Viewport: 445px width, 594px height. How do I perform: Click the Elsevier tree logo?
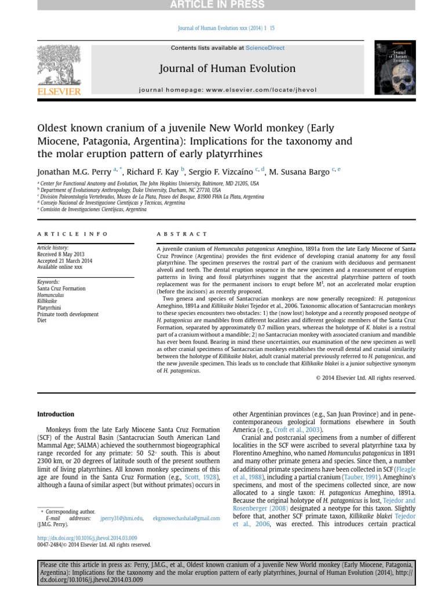[59, 64]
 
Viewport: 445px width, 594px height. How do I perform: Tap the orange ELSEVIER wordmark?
[59, 92]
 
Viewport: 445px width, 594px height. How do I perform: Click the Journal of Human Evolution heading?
[227, 68]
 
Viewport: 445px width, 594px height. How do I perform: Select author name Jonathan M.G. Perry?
[74, 172]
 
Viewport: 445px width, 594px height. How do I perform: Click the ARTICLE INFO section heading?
[72, 234]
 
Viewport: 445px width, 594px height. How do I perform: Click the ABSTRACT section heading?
[181, 234]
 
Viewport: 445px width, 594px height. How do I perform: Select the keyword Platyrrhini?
[49, 307]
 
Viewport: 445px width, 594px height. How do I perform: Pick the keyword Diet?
[42, 320]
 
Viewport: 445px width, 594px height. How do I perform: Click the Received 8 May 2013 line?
[60, 254]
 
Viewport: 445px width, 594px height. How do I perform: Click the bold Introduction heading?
[56, 414]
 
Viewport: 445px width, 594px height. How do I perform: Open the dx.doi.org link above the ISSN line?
[87, 538]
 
